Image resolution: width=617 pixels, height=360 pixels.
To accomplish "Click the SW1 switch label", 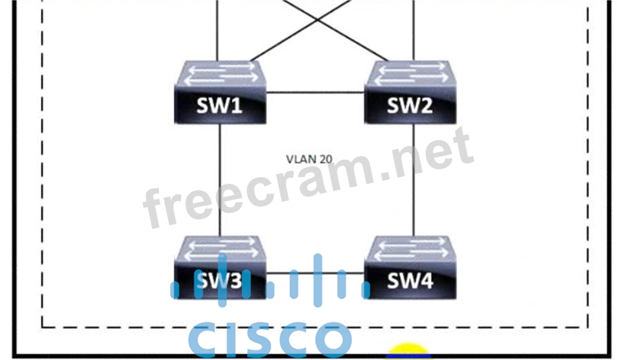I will coord(219,105).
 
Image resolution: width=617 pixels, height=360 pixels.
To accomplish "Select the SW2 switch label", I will coord(410,105).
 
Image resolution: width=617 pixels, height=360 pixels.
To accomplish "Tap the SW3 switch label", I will coord(219,281).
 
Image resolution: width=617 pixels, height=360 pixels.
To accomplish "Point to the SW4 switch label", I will coord(410,281).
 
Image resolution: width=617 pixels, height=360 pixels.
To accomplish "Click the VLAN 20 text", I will coord(309,159).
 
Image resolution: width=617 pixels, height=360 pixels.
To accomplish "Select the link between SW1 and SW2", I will coord(316,93).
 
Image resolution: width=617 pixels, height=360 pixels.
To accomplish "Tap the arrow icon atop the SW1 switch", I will coord(219,72).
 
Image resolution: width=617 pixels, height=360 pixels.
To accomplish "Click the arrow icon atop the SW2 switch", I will coord(410,72).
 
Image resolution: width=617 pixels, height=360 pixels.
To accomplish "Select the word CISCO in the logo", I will coord(269,340).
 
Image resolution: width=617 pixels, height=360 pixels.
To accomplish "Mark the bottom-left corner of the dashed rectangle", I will coord(41,327).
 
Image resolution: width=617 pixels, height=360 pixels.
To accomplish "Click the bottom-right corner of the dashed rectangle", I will coord(588,327).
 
